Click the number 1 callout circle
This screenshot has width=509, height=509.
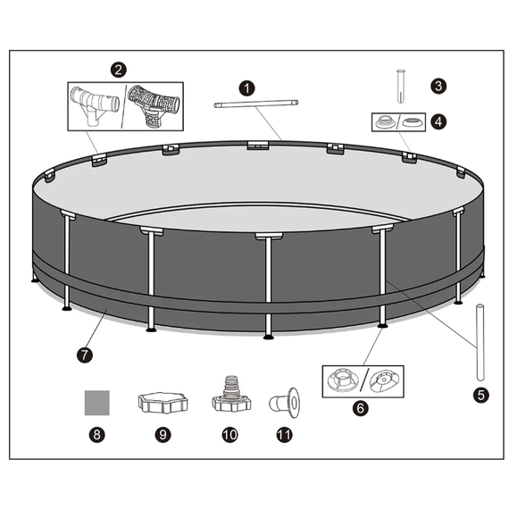tap(246, 88)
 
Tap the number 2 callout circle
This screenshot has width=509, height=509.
tap(119, 70)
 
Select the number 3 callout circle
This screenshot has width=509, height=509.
tap(438, 86)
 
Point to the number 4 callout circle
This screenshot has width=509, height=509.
tap(438, 121)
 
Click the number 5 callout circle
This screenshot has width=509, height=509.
tap(480, 395)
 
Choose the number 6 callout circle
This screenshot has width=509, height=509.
tap(361, 408)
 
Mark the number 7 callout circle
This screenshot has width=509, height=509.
tap(85, 355)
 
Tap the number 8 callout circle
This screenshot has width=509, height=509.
tap(96, 434)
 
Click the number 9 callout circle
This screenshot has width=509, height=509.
tap(163, 434)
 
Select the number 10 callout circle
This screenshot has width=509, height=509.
tap(229, 434)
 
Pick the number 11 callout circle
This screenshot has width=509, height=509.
tap(284, 434)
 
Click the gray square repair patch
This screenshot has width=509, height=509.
tap(97, 403)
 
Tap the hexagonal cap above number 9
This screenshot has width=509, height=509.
tap(163, 403)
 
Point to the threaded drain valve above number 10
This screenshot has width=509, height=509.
tap(231, 395)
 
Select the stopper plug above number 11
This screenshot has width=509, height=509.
tap(284, 403)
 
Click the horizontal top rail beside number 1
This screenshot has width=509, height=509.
tap(255, 104)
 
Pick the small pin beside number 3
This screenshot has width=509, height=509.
tap(401, 86)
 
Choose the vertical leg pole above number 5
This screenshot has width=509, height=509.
tap(480, 342)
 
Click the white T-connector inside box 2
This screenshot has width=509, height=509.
tap(95, 105)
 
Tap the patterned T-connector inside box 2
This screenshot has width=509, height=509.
tap(154, 106)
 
